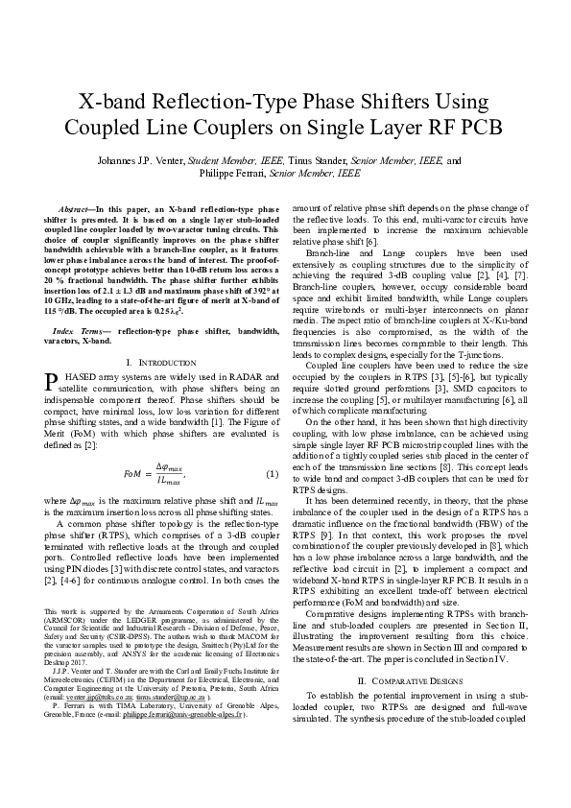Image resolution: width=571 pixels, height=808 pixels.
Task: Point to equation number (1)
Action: tap(272, 474)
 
